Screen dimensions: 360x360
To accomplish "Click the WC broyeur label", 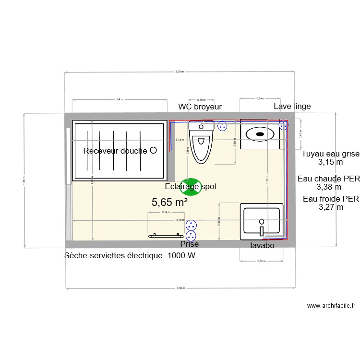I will pos(200,107).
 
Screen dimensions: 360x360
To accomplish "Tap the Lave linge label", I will pos(292,107).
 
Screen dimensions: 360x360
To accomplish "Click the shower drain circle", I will pos(153,150).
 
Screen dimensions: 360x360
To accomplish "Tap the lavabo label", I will pos(262,245).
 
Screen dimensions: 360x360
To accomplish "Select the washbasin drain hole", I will pos(262,221).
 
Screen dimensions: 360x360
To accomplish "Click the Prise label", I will pos(189,245).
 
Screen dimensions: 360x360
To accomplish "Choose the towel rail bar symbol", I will pos(166,236).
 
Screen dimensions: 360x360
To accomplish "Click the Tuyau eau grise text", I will pos(330,154).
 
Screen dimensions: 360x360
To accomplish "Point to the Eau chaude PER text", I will pos(329,179).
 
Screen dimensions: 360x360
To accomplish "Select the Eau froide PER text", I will pos(331,199).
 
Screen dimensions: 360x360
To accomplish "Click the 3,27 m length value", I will pos(331,207).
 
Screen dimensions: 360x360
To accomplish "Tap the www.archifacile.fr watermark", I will pos(331,305).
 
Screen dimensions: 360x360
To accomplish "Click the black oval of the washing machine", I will pos(260,134).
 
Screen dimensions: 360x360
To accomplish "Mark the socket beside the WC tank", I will pos(222,126).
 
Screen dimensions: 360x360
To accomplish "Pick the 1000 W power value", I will pos(181,256).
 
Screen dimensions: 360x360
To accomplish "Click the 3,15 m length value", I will pos(330,163).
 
